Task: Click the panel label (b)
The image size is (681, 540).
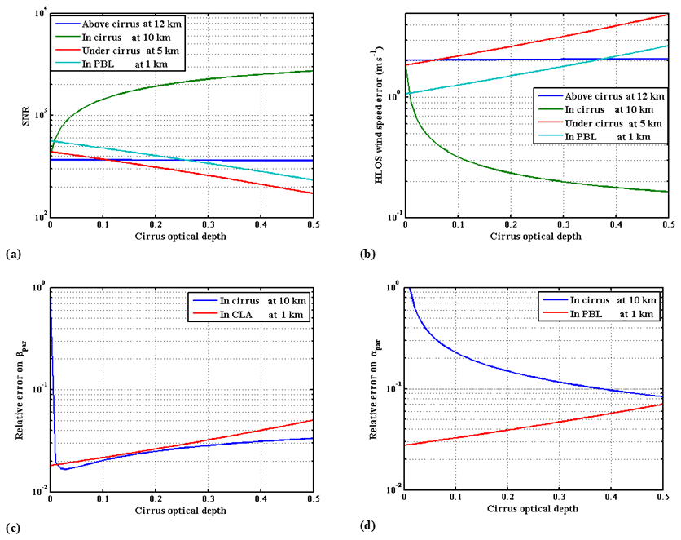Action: [x=365, y=255]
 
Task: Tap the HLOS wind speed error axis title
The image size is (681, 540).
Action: [x=379, y=114]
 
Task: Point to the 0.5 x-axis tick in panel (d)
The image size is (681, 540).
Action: [x=667, y=498]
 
